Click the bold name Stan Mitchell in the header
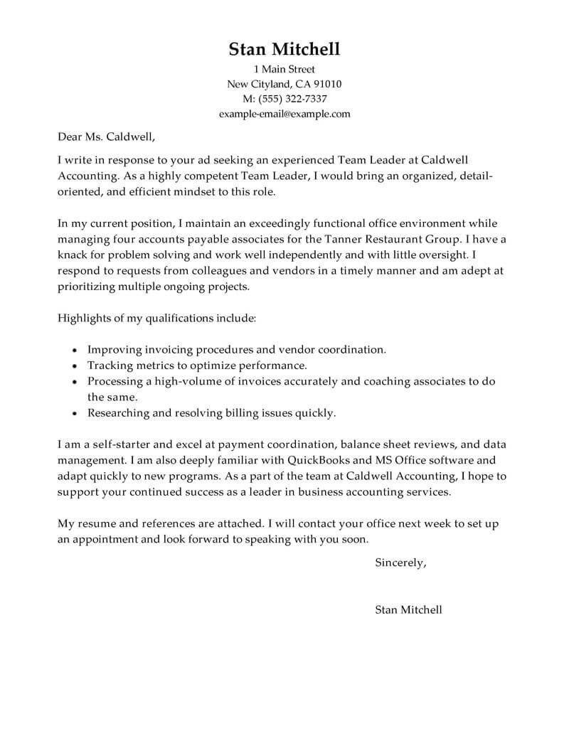(x=284, y=49)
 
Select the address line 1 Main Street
(x=284, y=70)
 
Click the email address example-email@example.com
(x=284, y=114)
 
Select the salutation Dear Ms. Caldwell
(x=105, y=135)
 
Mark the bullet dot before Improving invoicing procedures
(x=76, y=351)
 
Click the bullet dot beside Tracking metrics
(x=76, y=366)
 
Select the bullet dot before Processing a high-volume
(x=76, y=382)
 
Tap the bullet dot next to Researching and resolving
(x=76, y=413)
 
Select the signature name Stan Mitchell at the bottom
(x=408, y=609)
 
